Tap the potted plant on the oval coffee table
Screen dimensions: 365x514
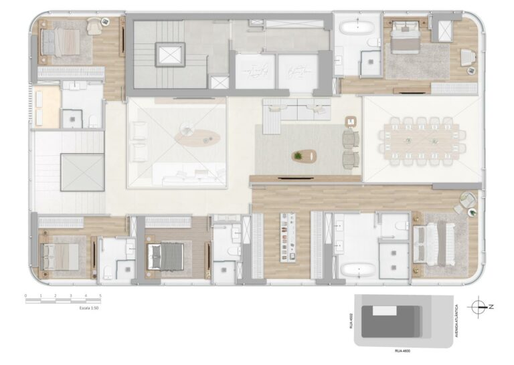tap(298, 156)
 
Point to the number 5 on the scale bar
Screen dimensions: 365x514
tap(100, 295)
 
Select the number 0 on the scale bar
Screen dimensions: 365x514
tap(25, 295)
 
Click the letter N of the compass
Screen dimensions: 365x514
tap(491, 307)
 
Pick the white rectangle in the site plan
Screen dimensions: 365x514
tap(384, 311)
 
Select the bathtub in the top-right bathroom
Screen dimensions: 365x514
tap(356, 27)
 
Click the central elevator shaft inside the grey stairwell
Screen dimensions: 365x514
tap(169, 55)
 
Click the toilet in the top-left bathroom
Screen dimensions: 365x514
tap(94, 120)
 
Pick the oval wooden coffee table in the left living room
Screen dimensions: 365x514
tap(197, 138)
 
